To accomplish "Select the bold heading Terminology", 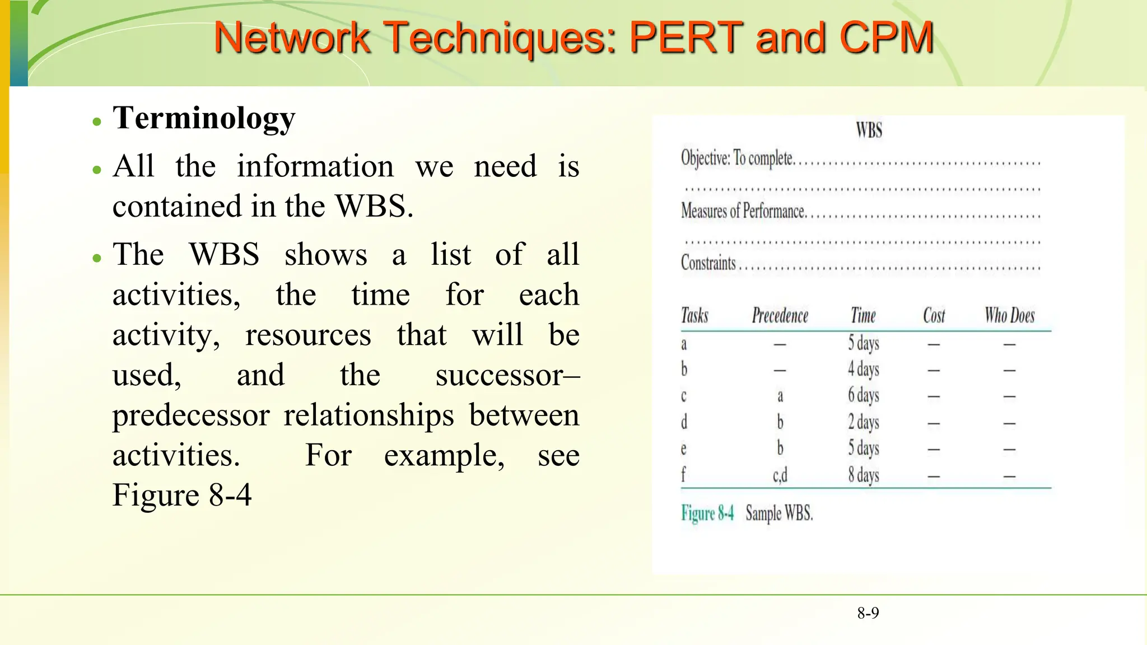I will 204,119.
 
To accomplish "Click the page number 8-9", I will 868,613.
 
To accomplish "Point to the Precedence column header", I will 780,316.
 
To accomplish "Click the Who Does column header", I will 1009,316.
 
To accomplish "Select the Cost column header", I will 934,316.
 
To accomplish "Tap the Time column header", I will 863,316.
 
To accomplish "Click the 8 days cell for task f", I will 863,475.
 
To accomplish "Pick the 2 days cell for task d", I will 863,422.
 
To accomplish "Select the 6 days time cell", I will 863,395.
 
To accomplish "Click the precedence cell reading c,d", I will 780,475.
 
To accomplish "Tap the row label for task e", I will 683,449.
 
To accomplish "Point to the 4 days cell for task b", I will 863,370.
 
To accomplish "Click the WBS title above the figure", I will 869,130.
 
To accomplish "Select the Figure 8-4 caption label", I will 707,513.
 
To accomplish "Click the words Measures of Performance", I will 743,211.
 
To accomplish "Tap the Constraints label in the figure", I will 708,263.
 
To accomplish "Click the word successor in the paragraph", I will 499,375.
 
